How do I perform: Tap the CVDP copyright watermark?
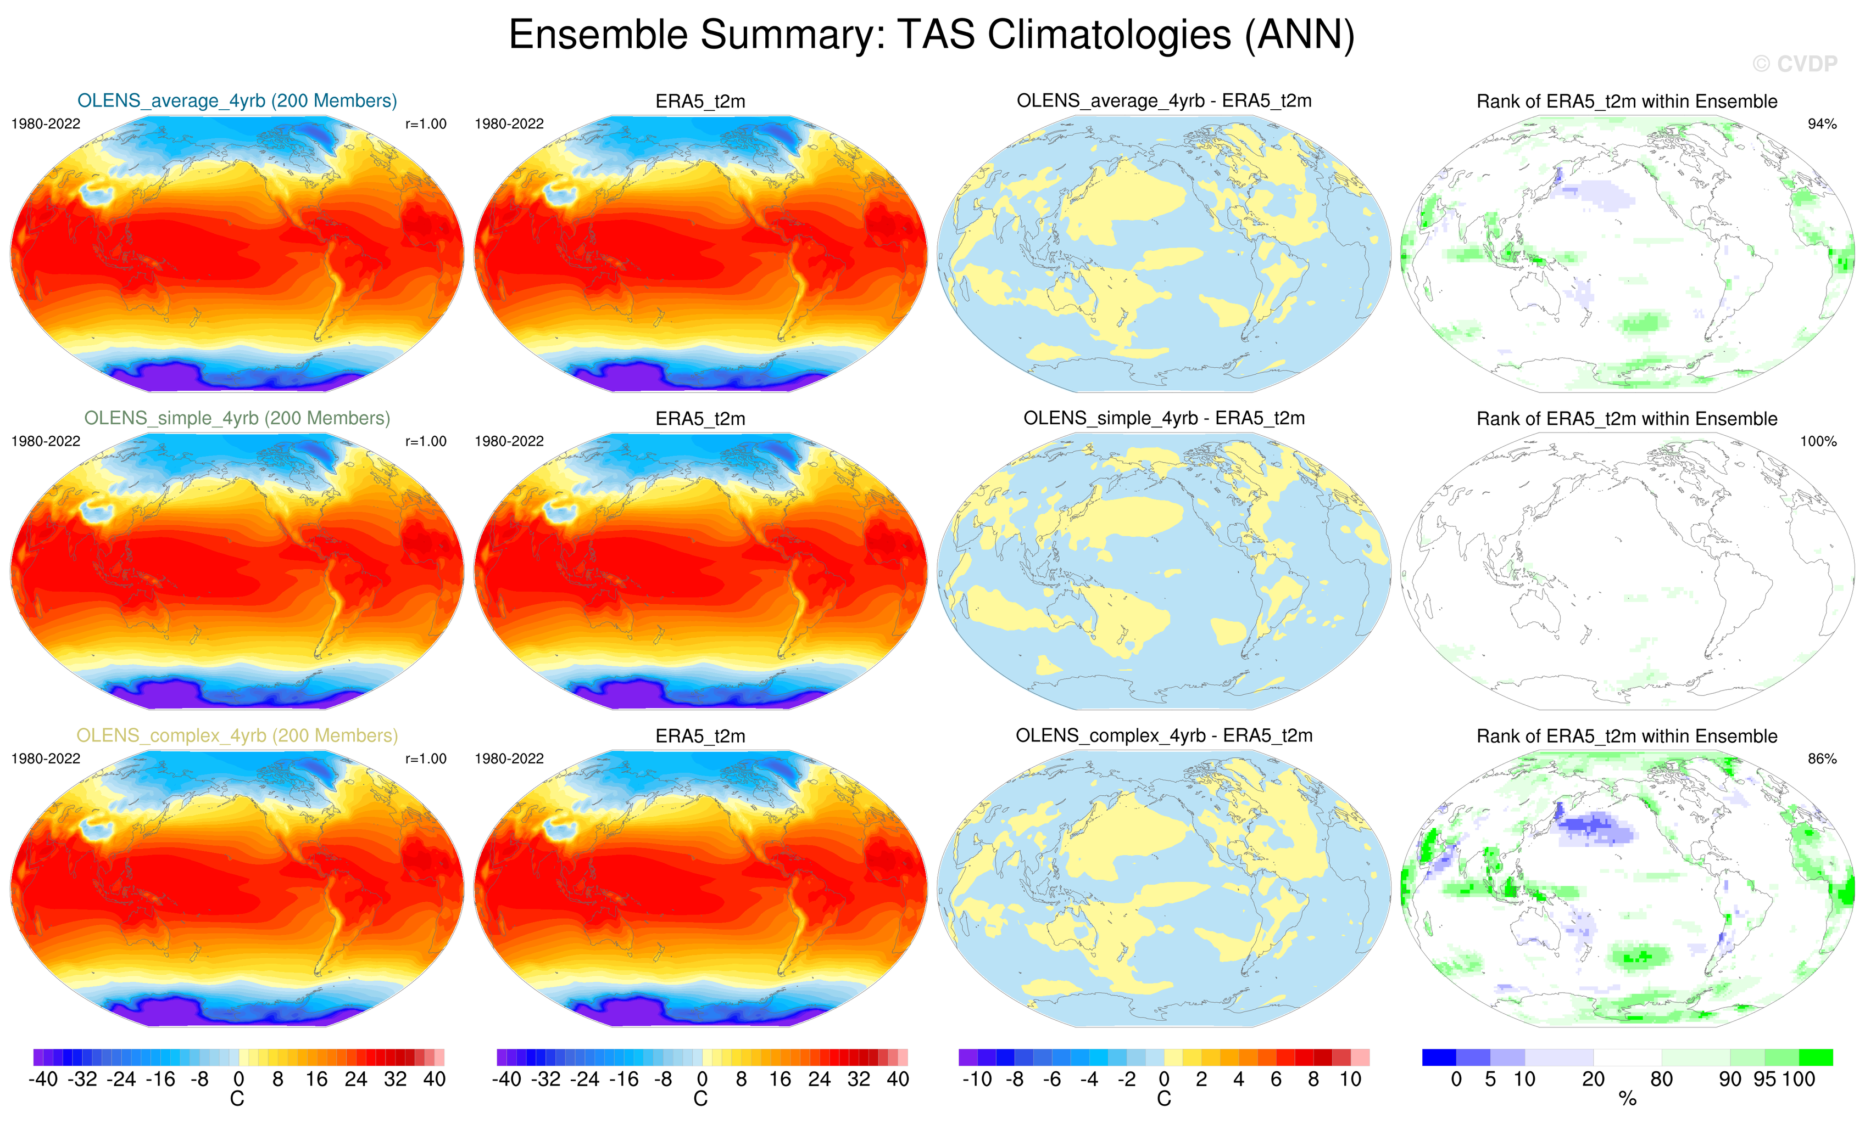point(1795,64)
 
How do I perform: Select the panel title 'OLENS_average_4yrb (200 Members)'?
point(237,100)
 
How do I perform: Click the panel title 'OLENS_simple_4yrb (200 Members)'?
point(237,418)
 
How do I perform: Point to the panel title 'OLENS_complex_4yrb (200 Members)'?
point(237,735)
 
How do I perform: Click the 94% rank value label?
point(1822,124)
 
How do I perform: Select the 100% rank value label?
point(1818,441)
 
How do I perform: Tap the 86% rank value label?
point(1822,758)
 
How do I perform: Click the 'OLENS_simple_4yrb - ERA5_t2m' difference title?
point(1164,418)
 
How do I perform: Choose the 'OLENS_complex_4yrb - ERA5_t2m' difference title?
point(1164,735)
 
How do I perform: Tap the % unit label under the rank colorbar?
point(1627,1099)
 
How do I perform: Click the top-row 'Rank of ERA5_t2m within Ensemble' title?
point(1627,102)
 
